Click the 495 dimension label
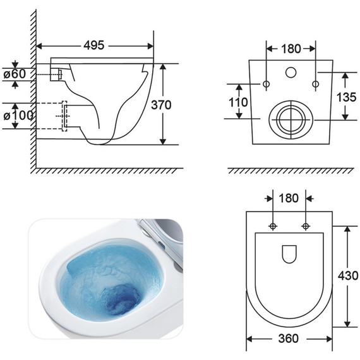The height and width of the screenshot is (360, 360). point(94,45)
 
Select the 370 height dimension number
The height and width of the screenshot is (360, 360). point(161,105)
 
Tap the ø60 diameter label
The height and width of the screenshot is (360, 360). point(15,74)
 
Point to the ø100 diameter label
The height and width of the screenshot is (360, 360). point(18,116)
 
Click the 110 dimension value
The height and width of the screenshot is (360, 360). point(238,102)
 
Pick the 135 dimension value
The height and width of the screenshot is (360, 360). point(347,97)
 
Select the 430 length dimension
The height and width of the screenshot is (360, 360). point(348,275)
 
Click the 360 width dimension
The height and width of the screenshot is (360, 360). point(289,338)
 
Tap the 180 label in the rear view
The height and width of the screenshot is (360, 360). point(291,49)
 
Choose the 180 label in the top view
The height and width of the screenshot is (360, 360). point(289,198)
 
